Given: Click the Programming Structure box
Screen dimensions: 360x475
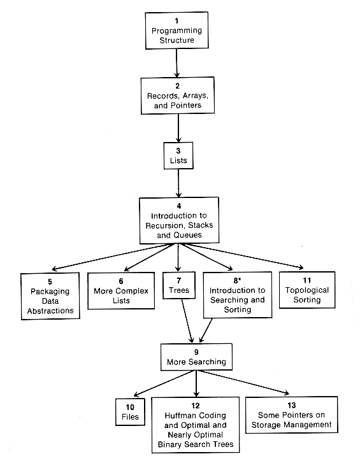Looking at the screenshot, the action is click(x=176, y=31).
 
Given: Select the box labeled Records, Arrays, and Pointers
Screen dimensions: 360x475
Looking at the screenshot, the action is click(x=178, y=96).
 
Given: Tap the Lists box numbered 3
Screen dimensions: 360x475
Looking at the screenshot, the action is click(x=178, y=155).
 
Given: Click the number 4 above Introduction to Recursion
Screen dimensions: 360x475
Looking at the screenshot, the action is click(x=179, y=206).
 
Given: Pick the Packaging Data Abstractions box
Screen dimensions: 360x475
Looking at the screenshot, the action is click(x=50, y=296).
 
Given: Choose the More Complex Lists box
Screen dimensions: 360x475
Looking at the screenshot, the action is click(x=121, y=290).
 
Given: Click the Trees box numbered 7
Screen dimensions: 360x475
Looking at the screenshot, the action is click(x=179, y=285).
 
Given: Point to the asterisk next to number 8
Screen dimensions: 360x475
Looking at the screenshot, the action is click(x=240, y=279).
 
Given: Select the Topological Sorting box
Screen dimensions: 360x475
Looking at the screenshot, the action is click(x=307, y=290).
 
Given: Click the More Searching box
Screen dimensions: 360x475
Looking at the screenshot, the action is click(x=196, y=357).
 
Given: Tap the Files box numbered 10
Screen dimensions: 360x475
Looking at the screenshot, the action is click(x=130, y=412).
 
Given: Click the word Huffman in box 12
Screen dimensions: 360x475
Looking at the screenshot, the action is click(x=178, y=416).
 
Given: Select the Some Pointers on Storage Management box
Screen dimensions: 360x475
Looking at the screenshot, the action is click(x=292, y=415).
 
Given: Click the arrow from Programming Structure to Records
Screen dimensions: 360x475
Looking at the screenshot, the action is click(x=176, y=63).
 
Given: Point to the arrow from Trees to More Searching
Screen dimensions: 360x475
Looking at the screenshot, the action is click(x=187, y=321).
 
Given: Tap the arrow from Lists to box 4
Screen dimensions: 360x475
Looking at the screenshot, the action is click(x=178, y=183).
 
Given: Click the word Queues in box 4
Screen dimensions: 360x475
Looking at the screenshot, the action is click(x=189, y=235).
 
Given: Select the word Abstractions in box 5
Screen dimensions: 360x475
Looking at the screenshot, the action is click(x=50, y=311).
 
